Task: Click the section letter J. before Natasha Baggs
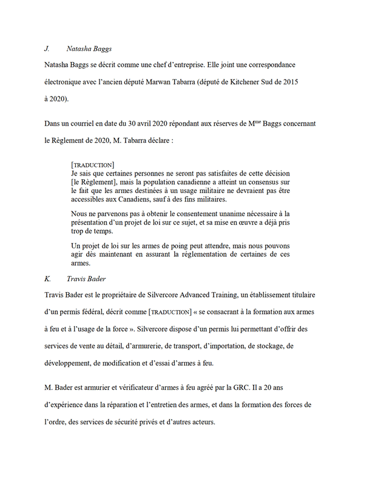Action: tap(47, 47)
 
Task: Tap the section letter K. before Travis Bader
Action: tap(47, 279)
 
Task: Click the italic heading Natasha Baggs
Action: tap(89, 47)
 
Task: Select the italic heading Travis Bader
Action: tap(87, 279)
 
